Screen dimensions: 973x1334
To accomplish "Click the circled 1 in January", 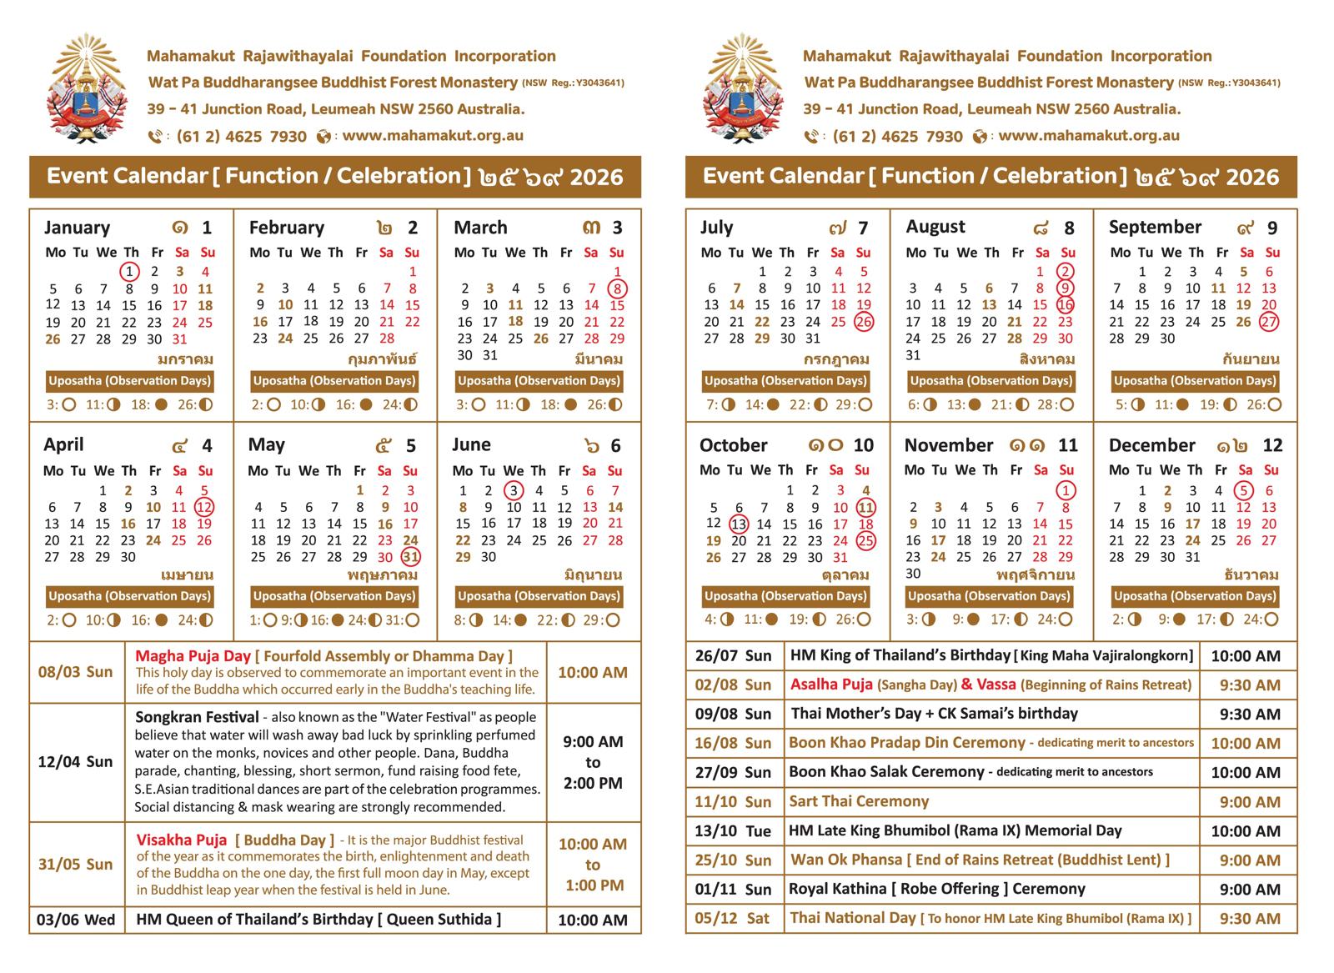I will tap(129, 271).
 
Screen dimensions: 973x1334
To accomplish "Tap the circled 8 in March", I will tap(617, 288).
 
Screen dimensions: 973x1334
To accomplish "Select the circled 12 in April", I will tap(204, 507).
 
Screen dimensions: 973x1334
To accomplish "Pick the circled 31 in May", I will tap(410, 557).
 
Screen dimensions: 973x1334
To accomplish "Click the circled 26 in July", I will tap(864, 322).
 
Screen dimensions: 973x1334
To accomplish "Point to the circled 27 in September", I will tap(1269, 322).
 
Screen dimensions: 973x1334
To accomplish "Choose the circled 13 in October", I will tap(739, 524).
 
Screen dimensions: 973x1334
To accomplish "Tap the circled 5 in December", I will tap(1244, 490).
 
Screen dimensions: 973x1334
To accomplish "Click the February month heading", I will tap(287, 228).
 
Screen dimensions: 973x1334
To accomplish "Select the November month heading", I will tap(949, 445).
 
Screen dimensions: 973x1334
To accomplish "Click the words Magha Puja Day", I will tap(193, 656).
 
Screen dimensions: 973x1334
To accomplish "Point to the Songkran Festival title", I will tap(197, 716).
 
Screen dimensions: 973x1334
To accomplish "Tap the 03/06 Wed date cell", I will tap(76, 920).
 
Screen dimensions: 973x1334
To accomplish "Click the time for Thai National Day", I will tap(1249, 919).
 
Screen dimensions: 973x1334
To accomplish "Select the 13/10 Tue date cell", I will tap(733, 831).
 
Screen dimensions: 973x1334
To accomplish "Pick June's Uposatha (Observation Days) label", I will tap(539, 596).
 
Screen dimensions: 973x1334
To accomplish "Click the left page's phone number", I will tap(241, 136).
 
